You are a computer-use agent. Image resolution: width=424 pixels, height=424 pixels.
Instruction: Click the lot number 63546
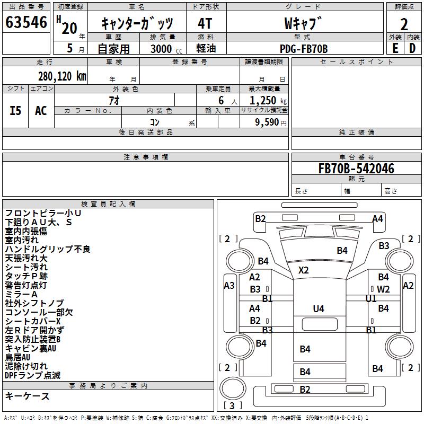point(26,24)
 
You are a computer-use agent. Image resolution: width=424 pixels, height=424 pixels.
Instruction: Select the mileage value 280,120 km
point(62,76)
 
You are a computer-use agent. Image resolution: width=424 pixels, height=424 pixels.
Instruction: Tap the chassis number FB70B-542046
point(356,169)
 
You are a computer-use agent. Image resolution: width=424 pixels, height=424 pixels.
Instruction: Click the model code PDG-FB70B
point(304,49)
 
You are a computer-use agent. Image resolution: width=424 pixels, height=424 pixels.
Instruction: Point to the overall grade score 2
point(404,24)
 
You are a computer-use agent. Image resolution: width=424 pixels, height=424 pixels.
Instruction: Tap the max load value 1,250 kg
point(265,101)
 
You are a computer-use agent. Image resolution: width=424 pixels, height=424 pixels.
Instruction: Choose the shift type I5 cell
point(16,110)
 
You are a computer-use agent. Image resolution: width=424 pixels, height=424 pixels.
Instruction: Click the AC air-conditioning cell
point(41,110)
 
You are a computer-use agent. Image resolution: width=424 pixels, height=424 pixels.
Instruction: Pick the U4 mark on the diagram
point(318,308)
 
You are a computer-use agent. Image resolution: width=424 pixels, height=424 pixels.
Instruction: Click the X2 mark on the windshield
point(303,270)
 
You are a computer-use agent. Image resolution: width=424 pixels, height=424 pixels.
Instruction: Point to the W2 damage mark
point(384,289)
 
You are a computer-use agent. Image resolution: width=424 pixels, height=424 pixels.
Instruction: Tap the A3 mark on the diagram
point(229,286)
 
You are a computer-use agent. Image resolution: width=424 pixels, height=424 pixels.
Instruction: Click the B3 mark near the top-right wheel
point(384,246)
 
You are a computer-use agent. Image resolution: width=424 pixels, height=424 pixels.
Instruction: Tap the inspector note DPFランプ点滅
point(33,375)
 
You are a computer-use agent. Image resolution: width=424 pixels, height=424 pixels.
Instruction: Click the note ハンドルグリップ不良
point(48,249)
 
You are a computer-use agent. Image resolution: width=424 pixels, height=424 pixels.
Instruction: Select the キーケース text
point(28,396)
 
